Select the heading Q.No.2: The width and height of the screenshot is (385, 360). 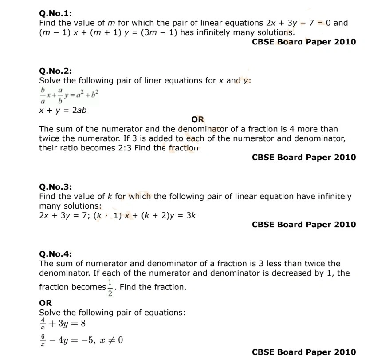[x=55, y=71]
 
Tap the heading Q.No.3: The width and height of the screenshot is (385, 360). [x=55, y=187]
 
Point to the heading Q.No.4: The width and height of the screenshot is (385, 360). [x=55, y=254]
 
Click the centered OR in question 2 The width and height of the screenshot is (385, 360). [x=197, y=119]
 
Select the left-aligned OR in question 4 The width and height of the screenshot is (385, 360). [x=45, y=303]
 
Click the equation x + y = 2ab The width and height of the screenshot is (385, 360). [x=63, y=110]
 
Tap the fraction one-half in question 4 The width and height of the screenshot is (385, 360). [x=110, y=287]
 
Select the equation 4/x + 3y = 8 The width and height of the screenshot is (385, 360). [x=62, y=324]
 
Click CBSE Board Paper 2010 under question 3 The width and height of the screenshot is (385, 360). [x=303, y=225]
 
